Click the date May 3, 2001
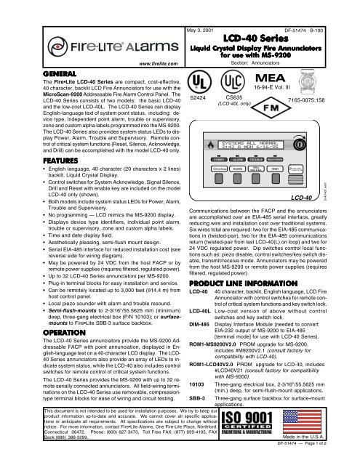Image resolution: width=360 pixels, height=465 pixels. (206, 9)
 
